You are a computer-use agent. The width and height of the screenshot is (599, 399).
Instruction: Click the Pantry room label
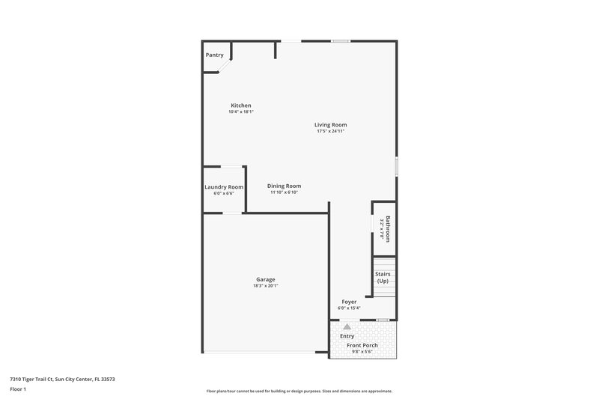click(215, 55)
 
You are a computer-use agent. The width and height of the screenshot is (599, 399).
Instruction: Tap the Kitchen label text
click(241, 106)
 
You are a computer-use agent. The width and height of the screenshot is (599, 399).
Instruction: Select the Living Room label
click(330, 125)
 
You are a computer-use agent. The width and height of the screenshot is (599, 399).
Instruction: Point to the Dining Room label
click(284, 186)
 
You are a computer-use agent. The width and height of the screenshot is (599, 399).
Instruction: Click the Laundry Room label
click(224, 187)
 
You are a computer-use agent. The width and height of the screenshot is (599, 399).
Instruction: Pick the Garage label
click(266, 280)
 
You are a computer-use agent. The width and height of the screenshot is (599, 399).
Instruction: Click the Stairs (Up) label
click(383, 277)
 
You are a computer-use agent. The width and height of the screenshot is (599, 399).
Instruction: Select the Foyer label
click(349, 302)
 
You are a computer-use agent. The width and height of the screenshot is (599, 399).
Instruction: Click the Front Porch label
click(362, 345)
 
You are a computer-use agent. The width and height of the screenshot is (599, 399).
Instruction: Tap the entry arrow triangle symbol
click(347, 326)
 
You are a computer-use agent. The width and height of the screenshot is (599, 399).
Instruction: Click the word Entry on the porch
click(347, 336)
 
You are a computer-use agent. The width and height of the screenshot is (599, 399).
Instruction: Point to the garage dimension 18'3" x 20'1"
click(266, 286)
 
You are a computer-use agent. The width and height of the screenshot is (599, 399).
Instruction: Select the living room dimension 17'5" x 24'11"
click(330, 131)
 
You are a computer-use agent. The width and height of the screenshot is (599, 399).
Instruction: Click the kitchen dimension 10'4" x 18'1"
click(241, 112)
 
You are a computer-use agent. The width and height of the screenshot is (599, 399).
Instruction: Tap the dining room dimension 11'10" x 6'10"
click(284, 192)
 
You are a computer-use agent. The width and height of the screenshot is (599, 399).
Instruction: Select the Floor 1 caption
click(19, 390)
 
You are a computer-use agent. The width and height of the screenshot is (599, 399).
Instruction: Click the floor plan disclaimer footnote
click(299, 391)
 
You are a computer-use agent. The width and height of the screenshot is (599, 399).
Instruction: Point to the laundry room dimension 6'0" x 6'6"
click(224, 193)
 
